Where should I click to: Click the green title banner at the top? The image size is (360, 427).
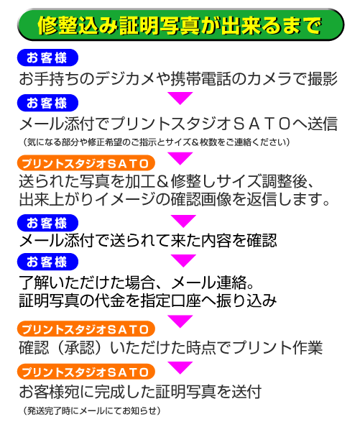[180, 24]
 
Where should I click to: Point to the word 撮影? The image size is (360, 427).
[323, 79]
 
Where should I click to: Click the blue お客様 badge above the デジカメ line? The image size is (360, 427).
[47, 58]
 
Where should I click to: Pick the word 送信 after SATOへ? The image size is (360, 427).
[323, 124]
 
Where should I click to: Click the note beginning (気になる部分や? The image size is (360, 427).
[157, 142]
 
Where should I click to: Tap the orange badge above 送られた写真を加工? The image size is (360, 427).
[86, 163]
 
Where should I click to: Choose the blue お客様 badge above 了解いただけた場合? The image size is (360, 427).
[47, 262]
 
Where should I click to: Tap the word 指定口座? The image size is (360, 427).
[170, 301]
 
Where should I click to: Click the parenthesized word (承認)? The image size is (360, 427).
[80, 348]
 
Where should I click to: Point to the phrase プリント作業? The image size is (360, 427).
[277, 348]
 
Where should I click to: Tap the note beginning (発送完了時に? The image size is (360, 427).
[92, 410]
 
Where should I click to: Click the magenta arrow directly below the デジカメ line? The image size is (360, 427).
[180, 98]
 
